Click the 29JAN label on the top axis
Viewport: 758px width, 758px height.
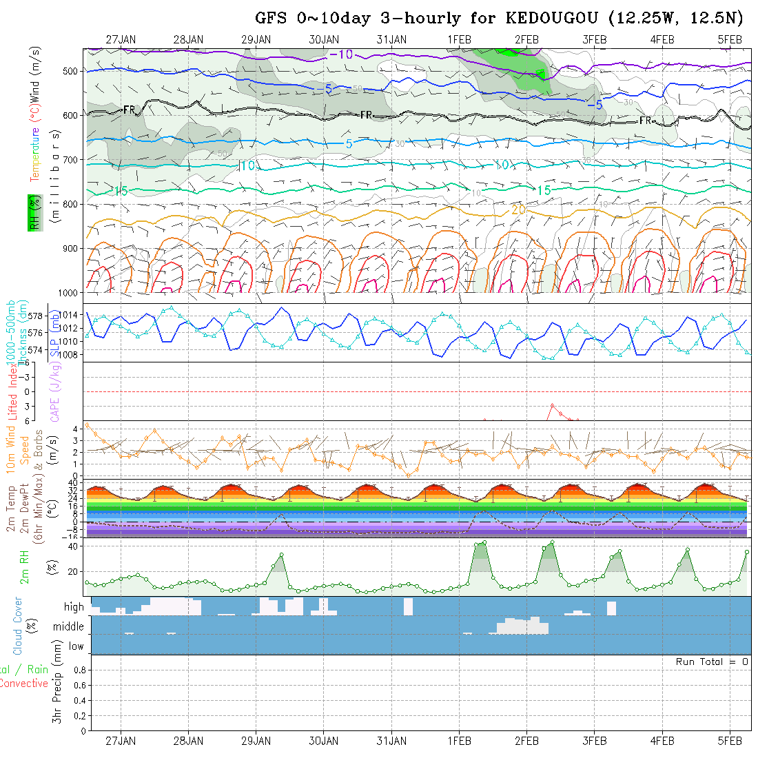[256, 39]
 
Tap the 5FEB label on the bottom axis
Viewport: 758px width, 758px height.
[730, 741]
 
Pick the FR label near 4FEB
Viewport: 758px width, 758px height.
[646, 121]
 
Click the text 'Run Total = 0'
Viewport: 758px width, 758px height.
[712, 662]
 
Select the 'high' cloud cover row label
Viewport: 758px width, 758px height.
[74, 607]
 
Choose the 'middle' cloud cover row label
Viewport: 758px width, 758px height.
[69, 626]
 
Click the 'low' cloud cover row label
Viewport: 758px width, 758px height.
[76, 646]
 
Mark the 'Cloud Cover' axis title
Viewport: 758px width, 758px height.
[18, 626]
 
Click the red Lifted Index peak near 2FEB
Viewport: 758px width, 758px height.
[552, 405]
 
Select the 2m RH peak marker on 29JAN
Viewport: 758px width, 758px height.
[281, 555]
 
